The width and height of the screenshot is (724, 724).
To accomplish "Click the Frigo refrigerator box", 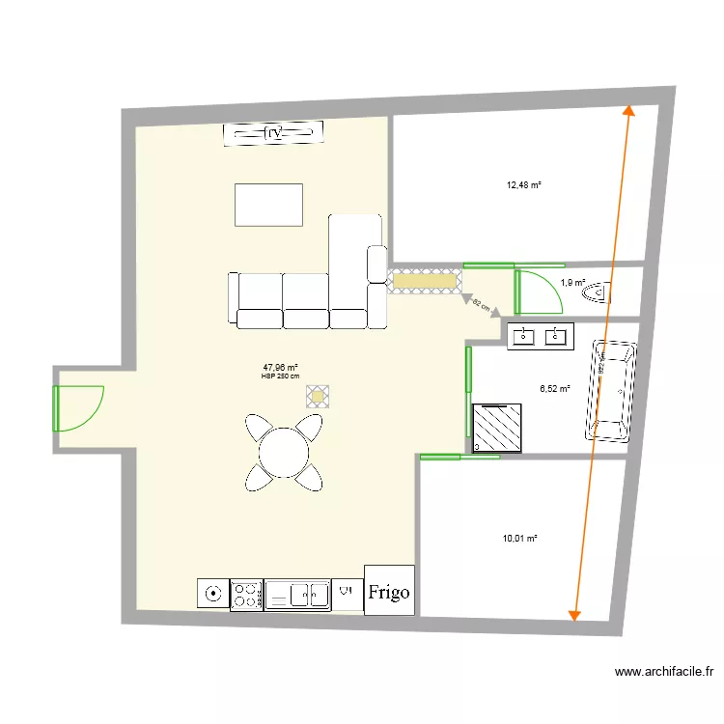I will [389, 590].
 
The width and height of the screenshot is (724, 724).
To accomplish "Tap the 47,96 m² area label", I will [280, 368].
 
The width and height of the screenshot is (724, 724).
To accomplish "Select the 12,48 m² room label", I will [524, 185].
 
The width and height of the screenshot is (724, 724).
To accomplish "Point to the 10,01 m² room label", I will [519, 539].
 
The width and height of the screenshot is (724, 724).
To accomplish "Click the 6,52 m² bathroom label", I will [554, 389].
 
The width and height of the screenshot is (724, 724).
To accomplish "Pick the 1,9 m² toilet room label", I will [572, 283].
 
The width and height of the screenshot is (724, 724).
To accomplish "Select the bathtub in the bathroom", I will [611, 391].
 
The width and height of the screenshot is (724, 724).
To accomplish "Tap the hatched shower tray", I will [499, 427].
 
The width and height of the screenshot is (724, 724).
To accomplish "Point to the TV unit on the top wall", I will [272, 133].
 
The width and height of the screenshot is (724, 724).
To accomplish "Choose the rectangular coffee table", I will [268, 205].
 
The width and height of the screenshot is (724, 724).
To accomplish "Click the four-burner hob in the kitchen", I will [246, 595].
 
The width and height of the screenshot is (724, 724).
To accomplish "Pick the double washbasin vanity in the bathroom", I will [540, 336].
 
